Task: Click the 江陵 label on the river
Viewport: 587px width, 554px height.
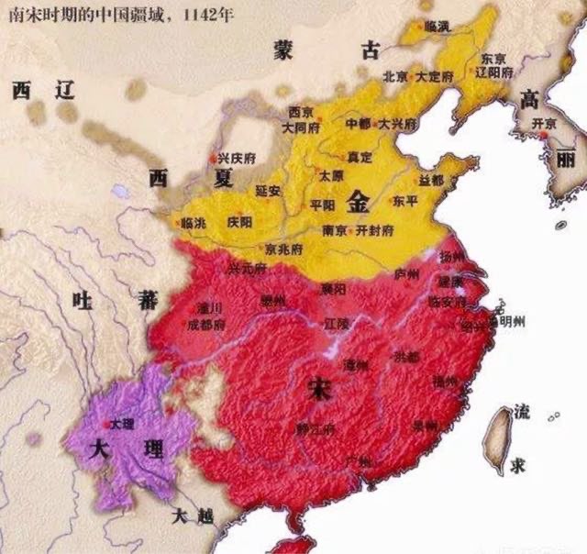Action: coord(338,324)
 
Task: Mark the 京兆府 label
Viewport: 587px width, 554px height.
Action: coord(284,249)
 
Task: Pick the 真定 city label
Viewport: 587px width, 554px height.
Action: coord(360,157)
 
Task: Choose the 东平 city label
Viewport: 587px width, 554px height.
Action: coord(404,200)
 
